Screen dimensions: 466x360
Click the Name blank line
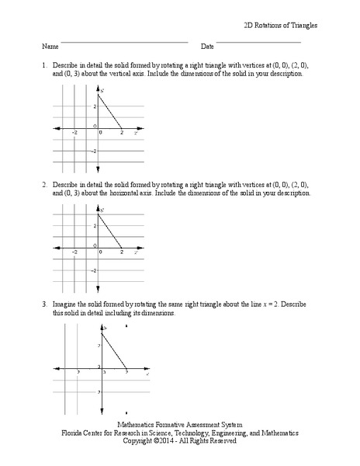(x=124, y=43)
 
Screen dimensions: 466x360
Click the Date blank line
(x=258, y=43)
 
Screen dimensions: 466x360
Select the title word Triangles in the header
(x=300, y=25)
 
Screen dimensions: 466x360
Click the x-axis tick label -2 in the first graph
(x=74, y=133)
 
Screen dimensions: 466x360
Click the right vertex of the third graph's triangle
(x=126, y=369)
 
